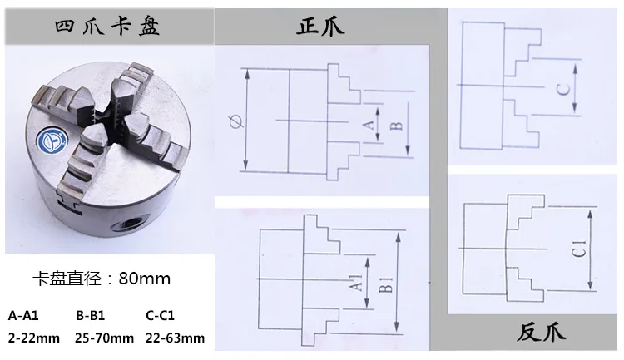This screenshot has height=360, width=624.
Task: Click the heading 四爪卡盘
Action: (107, 27)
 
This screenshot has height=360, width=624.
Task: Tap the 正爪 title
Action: (320, 27)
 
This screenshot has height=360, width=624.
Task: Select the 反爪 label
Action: (542, 333)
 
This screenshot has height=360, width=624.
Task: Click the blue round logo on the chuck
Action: (52, 141)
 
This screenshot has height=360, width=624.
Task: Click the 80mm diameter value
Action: (145, 279)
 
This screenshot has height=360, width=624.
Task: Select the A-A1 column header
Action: (23, 316)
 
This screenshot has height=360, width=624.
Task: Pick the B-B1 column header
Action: (91, 316)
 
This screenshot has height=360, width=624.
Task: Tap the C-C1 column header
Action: (160, 316)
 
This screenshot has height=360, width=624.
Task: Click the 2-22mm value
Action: (34, 338)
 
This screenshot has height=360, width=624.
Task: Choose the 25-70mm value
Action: (104, 338)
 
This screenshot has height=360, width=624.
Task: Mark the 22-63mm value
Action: (175, 338)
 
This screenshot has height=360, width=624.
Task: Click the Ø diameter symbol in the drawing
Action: (236, 121)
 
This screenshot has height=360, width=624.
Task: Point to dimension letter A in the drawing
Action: (369, 125)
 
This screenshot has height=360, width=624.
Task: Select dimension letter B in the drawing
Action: (396, 126)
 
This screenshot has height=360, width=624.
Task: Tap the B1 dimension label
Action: (385, 285)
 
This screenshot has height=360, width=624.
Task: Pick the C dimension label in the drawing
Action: (563, 90)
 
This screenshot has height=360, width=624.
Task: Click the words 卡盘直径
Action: (67, 279)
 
